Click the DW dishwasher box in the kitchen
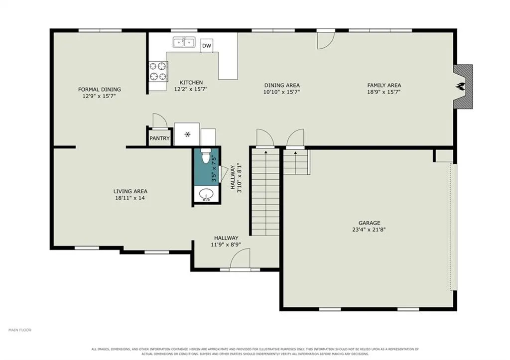(x=207, y=46)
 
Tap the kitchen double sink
(x=184, y=42)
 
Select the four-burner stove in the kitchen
(x=158, y=71)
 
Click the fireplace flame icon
(x=461, y=87)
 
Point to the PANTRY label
(x=159, y=138)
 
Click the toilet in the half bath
(x=206, y=156)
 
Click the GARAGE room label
(x=369, y=223)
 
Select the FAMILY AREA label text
(x=384, y=85)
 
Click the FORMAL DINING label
(x=99, y=90)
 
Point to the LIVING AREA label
(x=130, y=192)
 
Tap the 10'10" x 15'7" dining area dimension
(x=282, y=92)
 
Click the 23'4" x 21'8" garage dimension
(x=369, y=230)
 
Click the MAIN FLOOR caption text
(x=20, y=330)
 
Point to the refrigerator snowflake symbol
(x=187, y=134)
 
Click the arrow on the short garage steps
(x=295, y=152)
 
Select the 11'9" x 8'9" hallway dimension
(x=226, y=244)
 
